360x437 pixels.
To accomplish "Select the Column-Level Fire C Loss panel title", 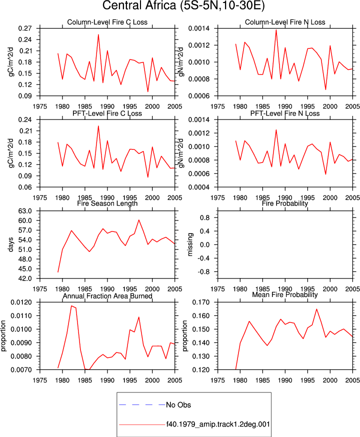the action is pos(107,22).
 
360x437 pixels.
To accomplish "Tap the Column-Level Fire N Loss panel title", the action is pos(285,22).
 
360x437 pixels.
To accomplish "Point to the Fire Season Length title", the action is pos(107,203).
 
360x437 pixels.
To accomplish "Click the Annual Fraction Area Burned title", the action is pos(107,296).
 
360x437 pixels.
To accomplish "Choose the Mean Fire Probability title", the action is pos(285,294).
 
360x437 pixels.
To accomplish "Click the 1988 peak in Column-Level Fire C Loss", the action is pos(98,34).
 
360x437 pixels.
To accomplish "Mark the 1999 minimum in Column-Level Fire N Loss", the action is pos(325,89).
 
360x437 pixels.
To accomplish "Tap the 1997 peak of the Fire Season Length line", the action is pos(139,220).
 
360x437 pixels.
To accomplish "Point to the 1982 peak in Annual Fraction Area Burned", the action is pos(71,305).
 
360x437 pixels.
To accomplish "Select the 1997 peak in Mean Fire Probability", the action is pos(316,309).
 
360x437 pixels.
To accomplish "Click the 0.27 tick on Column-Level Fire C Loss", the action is pos(25,28).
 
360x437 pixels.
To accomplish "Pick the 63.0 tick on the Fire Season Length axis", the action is pos(25,211).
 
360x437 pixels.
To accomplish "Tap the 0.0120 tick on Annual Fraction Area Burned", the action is pos(21,302).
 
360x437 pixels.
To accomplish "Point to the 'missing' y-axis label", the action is pos(190,244).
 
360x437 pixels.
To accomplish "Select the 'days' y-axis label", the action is pos(10,244).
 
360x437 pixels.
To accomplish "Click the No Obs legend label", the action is pos(178,404).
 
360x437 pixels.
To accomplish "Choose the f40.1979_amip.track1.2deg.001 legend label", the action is pos(218,424).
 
